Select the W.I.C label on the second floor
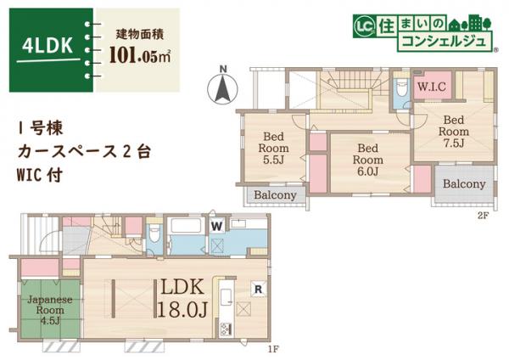433,87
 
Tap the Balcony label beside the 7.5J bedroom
464,184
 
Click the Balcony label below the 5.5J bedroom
276,195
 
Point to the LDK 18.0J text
181,297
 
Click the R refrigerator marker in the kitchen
256,289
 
